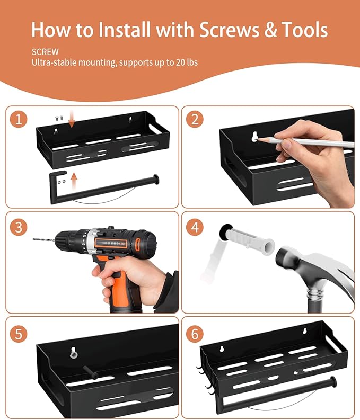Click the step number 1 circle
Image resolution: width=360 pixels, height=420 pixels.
19,119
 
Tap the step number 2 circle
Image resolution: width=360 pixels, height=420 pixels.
195,119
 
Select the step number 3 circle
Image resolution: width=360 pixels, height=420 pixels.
19,227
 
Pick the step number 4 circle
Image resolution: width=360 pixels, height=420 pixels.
195,227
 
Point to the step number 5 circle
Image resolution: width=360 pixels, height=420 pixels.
19,334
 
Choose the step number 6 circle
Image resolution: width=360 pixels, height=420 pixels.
195,334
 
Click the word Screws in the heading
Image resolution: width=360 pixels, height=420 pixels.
229,30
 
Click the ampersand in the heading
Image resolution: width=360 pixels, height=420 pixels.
270,29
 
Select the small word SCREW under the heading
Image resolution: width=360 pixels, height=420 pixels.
45,52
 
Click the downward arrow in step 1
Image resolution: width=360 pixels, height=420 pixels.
72,120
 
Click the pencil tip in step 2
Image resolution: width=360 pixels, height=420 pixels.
257,138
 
